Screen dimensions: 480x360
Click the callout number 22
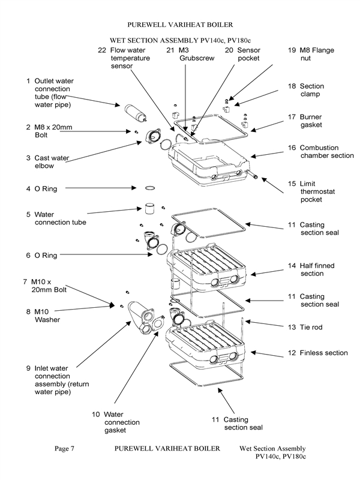click(101, 50)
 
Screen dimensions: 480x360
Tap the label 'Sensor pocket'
click(248, 55)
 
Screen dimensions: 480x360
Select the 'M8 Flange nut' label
click(316, 55)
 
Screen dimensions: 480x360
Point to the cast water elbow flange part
click(148, 142)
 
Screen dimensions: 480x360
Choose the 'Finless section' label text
click(323, 353)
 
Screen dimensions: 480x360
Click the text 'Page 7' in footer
click(65, 449)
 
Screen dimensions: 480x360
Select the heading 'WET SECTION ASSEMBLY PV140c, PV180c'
click(180, 39)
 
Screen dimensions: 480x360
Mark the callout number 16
click(292, 148)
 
